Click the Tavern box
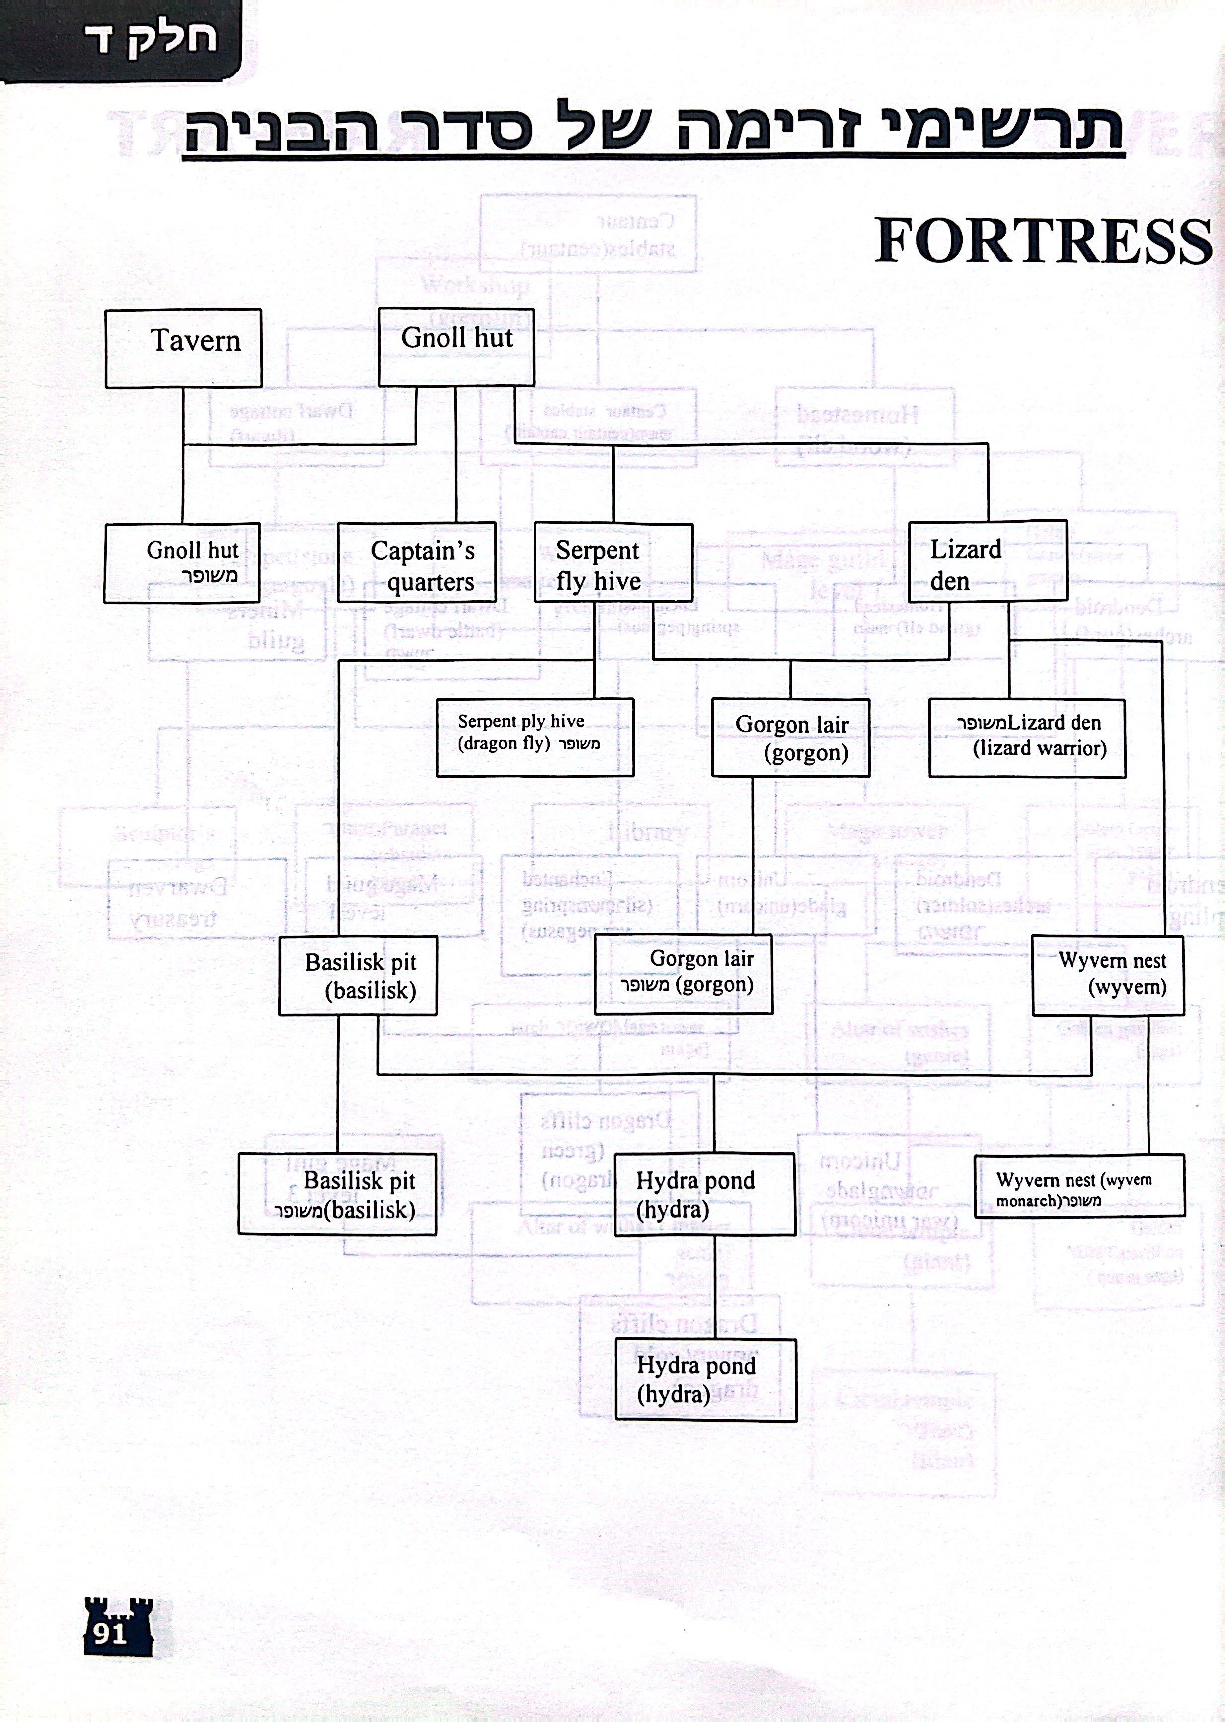[183, 348]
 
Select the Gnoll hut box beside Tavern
[456, 347]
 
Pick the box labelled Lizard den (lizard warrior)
[1027, 737]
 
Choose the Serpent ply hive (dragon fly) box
[535, 736]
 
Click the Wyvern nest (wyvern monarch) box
[1078, 1186]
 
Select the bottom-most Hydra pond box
[705, 1380]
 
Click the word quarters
[431, 582]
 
